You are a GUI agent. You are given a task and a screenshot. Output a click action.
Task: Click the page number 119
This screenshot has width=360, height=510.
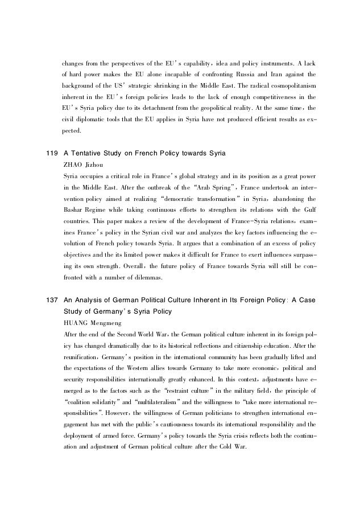tap(51, 153)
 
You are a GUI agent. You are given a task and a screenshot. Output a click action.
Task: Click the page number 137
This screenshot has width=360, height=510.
tap(51, 301)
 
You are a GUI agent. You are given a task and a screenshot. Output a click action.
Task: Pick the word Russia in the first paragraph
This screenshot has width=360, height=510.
tap(245, 75)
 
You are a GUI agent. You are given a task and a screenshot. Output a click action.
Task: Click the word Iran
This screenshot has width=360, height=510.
tap(277, 75)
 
